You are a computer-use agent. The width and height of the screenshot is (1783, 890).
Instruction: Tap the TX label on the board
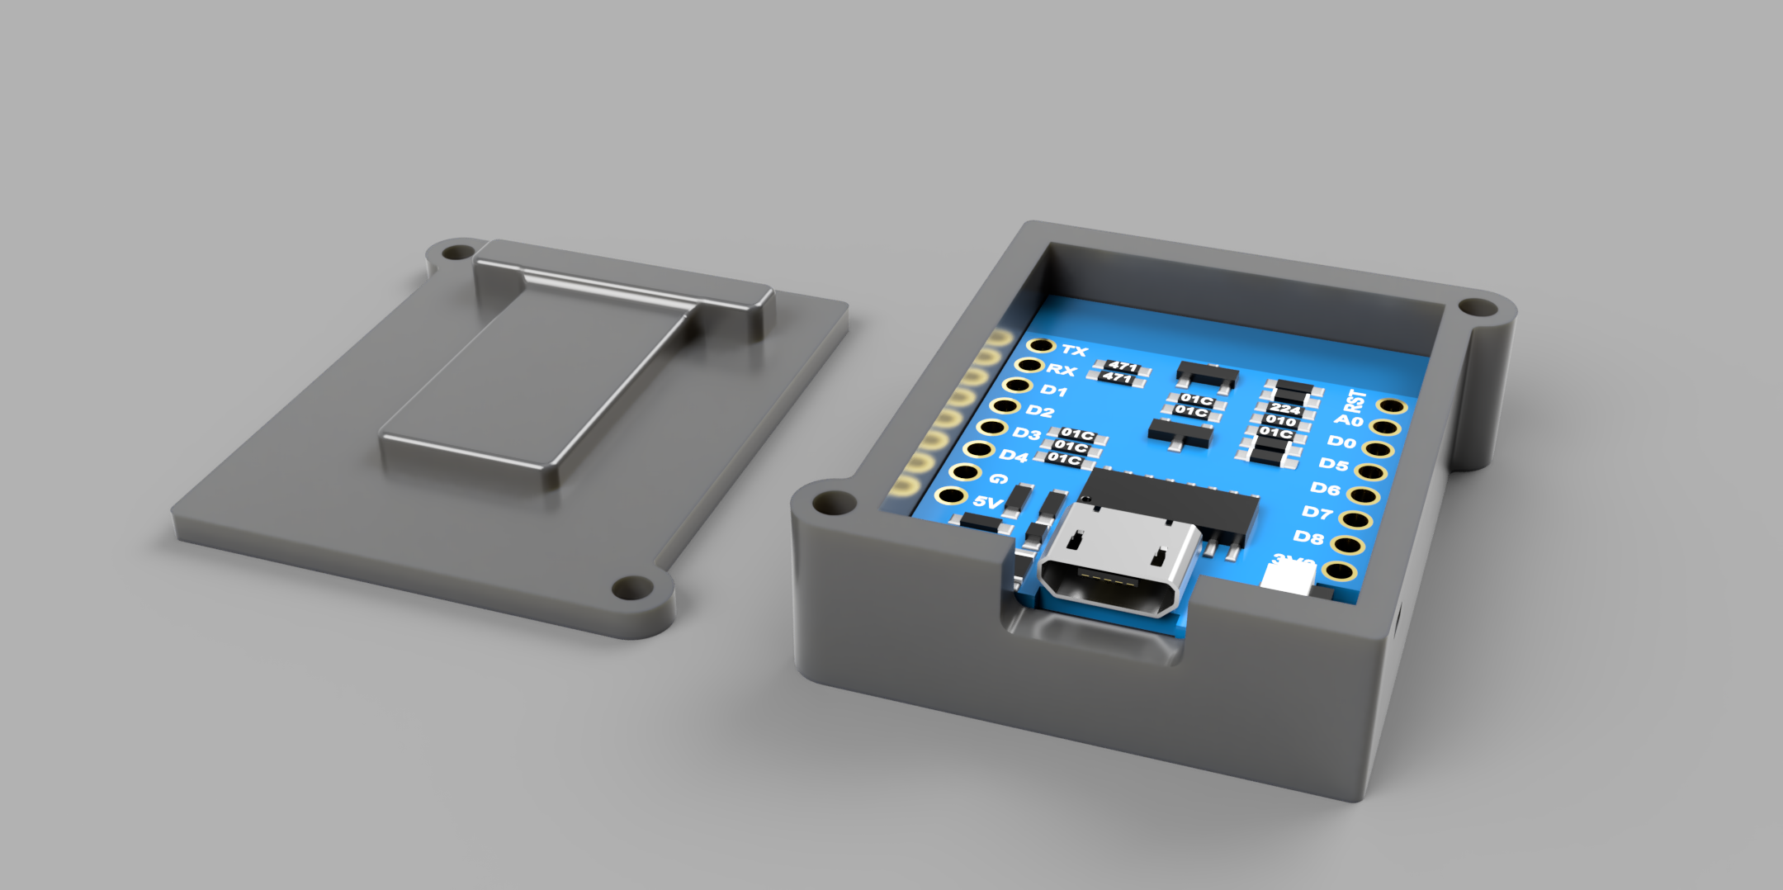1074,351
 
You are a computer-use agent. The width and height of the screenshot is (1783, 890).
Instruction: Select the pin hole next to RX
1029,365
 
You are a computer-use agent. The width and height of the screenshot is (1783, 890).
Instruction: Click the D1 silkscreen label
1053,390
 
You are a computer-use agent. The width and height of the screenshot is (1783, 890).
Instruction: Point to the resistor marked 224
1284,409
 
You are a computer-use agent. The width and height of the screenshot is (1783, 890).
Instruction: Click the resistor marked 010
1280,421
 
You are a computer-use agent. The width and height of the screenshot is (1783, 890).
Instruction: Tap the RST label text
1355,401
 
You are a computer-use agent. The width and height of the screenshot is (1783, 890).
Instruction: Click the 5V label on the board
987,502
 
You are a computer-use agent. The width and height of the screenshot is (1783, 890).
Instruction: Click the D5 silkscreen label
1333,465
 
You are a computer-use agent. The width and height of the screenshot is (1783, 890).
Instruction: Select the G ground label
998,479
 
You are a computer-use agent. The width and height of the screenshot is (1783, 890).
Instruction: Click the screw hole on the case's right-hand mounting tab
1477,309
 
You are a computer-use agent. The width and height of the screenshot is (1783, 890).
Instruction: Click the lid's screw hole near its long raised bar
454,251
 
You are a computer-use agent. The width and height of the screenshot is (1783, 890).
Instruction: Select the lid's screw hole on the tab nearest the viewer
632,589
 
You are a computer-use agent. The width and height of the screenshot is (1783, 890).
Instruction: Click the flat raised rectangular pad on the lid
528,388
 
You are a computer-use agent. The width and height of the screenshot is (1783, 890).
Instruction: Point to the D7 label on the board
1317,513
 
